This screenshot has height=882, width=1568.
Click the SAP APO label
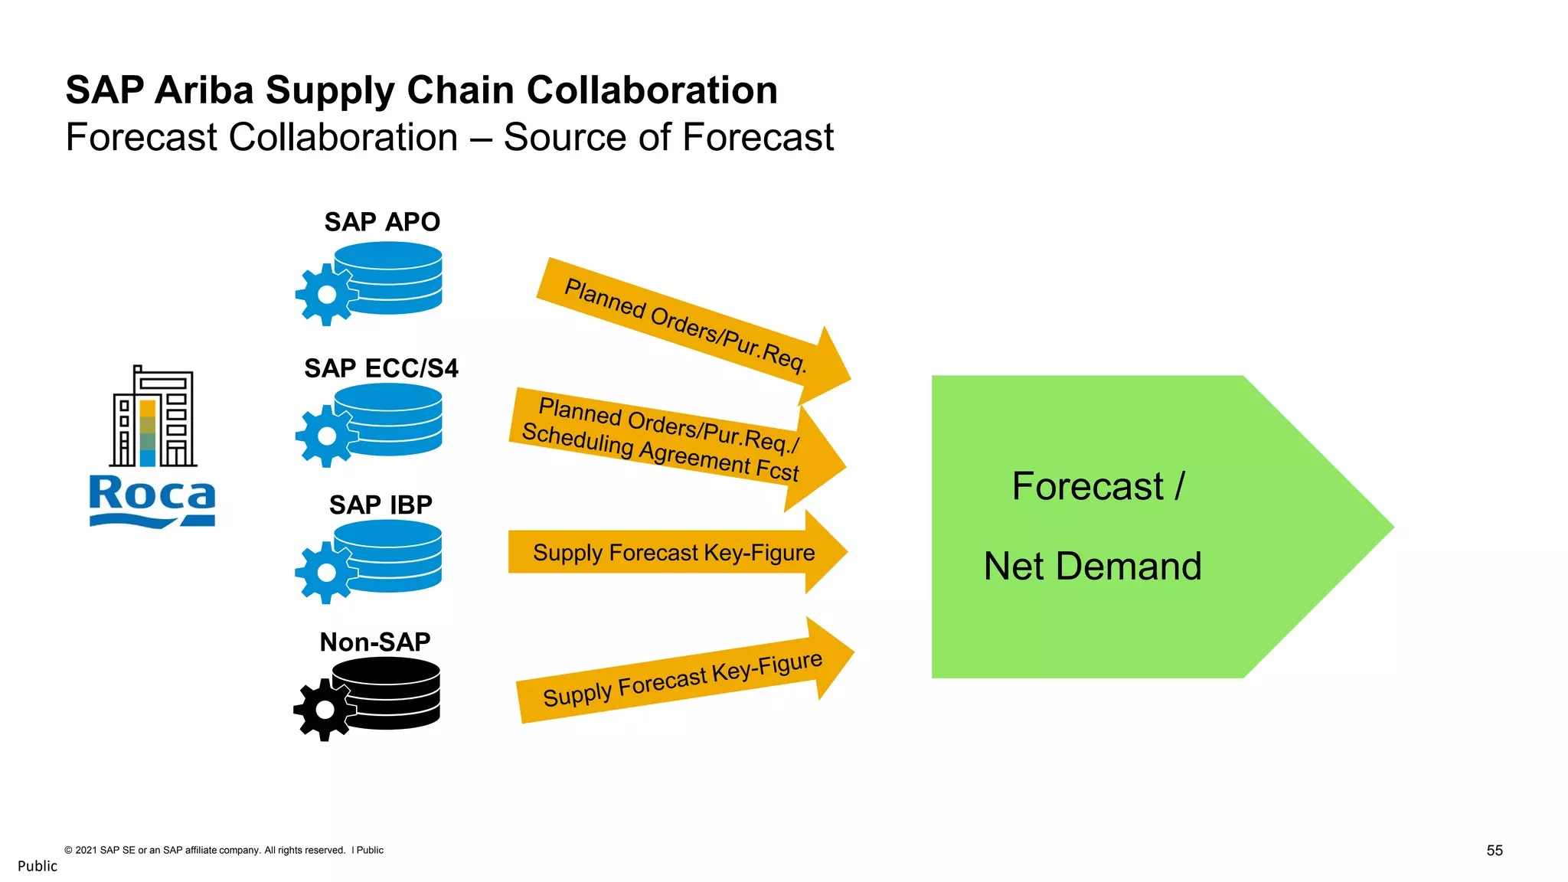[382, 222]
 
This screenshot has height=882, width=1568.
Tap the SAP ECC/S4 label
[381, 368]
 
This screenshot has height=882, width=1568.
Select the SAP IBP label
[381, 505]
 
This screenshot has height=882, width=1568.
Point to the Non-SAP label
[375, 642]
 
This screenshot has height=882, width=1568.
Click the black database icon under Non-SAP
[387, 693]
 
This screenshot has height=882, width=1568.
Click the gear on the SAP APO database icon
[327, 295]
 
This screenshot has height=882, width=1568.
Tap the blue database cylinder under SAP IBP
[389, 555]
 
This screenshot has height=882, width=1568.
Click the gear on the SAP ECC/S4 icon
[327, 436]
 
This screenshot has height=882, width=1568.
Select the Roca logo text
[152, 495]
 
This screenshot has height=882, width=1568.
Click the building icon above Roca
[153, 417]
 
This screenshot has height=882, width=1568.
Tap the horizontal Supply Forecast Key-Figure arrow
[674, 552]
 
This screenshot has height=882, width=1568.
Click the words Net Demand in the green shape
[1093, 567]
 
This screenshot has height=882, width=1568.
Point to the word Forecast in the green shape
[1087, 486]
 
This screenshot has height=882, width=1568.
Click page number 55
[1494, 851]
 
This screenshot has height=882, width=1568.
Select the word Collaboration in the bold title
[652, 90]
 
